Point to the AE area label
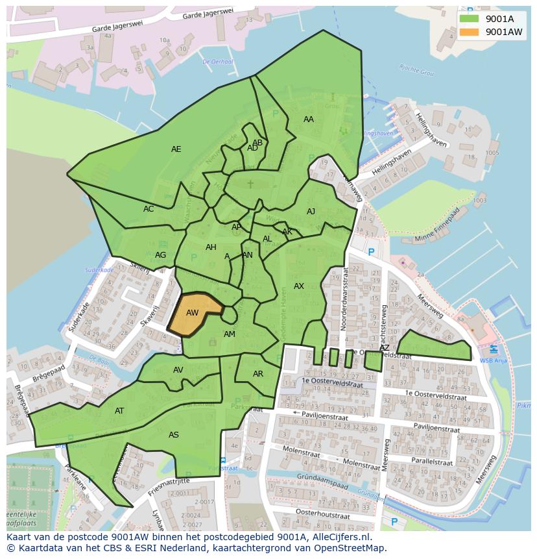(176, 149)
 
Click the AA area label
(309, 119)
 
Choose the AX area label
(299, 286)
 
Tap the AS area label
(174, 435)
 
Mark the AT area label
(119, 411)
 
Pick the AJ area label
(311, 212)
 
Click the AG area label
(160, 255)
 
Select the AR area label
(258, 374)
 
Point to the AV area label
(178, 370)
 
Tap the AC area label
(149, 209)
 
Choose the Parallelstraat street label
(431, 462)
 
